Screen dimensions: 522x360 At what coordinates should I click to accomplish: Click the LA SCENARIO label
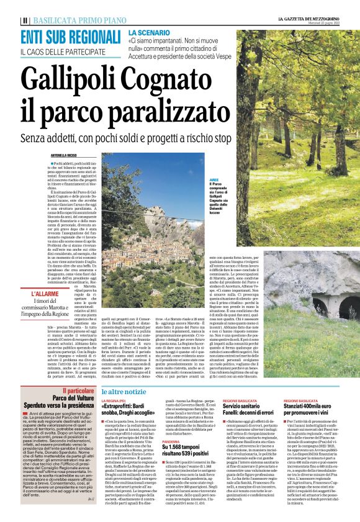146,31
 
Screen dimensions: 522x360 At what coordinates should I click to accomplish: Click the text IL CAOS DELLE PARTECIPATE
65,51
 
